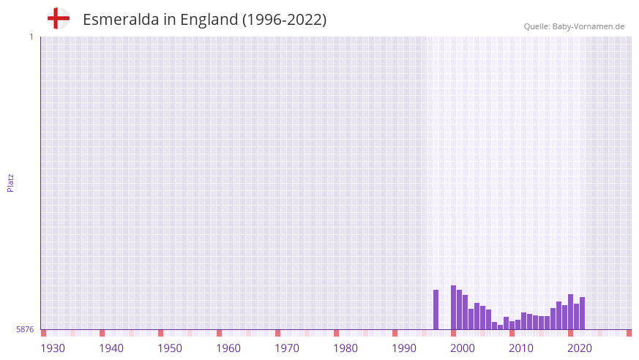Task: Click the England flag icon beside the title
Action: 59,18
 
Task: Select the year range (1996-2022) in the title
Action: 284,20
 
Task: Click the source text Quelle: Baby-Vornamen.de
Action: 574,26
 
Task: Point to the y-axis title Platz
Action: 10,182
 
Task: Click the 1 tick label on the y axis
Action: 31,37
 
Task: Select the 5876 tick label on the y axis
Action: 25,329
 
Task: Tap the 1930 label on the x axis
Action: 53,348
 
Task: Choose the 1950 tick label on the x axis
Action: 170,348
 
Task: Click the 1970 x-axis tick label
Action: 287,348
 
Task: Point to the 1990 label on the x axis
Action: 404,348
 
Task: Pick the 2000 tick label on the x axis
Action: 463,348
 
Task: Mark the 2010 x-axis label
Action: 521,348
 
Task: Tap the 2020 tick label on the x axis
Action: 580,348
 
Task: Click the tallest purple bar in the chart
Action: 453,307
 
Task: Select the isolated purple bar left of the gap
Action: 436,310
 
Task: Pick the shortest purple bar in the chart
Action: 500,327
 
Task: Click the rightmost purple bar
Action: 582,313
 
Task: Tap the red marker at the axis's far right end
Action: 629,333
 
